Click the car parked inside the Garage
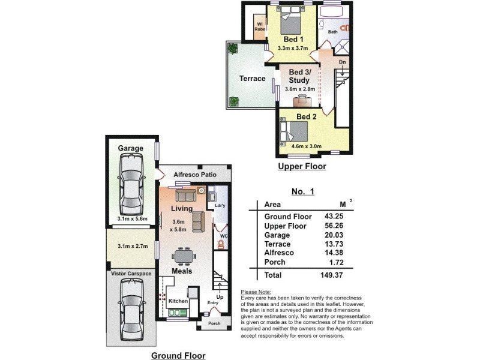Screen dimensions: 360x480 point(130,184)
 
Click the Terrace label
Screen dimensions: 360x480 point(252,79)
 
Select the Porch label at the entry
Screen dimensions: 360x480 point(214,324)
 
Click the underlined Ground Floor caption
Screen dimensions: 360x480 point(178,356)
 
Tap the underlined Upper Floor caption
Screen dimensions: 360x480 point(302,167)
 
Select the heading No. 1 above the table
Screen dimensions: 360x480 point(303,191)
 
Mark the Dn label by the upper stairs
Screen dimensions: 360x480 point(341,62)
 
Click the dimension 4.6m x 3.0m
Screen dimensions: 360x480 point(307,146)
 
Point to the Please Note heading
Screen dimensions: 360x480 point(256,291)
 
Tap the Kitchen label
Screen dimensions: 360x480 point(178,301)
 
